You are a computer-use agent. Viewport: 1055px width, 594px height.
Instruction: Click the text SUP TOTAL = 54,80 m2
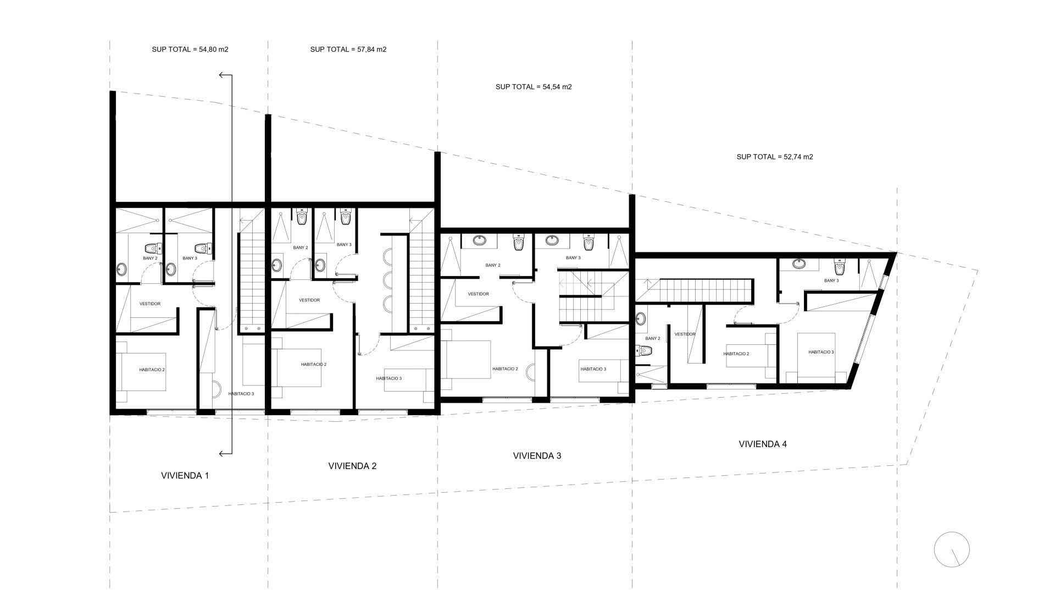(190, 49)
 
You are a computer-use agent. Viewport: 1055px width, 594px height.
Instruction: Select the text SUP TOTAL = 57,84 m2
(348, 49)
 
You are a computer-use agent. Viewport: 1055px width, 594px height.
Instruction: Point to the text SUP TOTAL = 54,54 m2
(534, 86)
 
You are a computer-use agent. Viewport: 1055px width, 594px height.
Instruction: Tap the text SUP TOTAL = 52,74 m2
(775, 157)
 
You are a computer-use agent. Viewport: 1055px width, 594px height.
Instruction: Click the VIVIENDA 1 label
(185, 476)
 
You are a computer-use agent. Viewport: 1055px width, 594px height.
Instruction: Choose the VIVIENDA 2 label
(352, 466)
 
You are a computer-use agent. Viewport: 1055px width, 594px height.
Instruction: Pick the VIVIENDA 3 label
(537, 456)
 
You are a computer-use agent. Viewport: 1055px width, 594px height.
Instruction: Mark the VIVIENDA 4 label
(763, 444)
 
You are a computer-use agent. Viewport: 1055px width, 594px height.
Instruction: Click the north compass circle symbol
(952, 549)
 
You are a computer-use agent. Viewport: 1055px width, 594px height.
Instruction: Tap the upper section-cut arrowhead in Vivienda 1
(222, 75)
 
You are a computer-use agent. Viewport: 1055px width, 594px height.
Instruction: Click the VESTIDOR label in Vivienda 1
(150, 304)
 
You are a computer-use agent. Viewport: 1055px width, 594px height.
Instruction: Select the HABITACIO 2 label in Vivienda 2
(314, 364)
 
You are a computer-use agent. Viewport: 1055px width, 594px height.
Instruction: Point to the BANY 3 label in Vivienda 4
(831, 280)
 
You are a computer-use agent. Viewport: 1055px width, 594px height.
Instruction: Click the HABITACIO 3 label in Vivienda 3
(593, 369)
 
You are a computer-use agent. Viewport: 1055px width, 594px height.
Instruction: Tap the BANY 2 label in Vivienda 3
(493, 265)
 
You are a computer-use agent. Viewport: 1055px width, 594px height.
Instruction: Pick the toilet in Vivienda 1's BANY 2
(152, 248)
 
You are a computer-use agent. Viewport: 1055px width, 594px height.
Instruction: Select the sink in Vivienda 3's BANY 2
(479, 240)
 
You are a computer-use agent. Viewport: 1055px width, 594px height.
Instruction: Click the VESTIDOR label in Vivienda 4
(685, 334)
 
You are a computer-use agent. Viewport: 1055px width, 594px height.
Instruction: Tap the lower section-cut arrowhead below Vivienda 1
(222, 454)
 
